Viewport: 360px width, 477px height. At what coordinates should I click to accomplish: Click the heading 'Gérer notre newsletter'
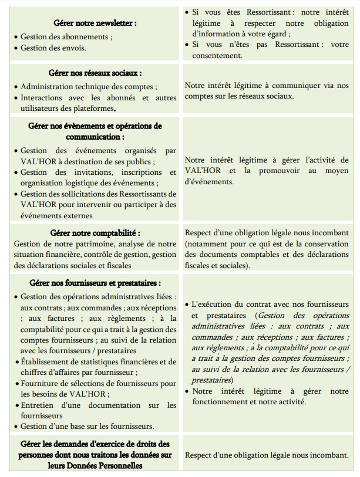coord(95,23)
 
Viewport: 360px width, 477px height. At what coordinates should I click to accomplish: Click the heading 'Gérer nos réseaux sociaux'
coord(95,73)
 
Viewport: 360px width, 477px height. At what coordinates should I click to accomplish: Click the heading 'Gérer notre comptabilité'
coord(95,233)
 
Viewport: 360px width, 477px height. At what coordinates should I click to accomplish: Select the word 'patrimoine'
coord(83,244)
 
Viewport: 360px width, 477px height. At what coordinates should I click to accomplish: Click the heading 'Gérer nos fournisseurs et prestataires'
coord(95,283)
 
